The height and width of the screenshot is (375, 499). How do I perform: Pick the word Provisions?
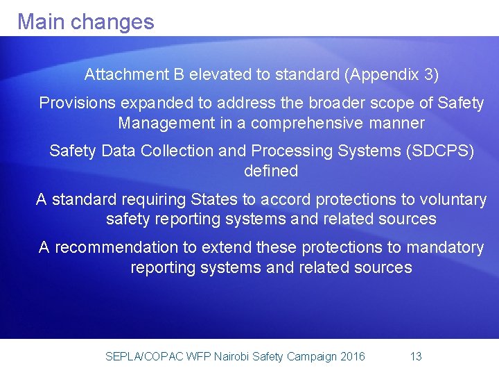tap(76, 103)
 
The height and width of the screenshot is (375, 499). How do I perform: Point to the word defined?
tap(271, 171)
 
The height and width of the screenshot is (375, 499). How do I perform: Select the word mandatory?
tap(448, 248)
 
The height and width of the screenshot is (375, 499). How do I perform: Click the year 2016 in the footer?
tap(353, 357)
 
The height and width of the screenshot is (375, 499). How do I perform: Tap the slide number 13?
tap(416, 357)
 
